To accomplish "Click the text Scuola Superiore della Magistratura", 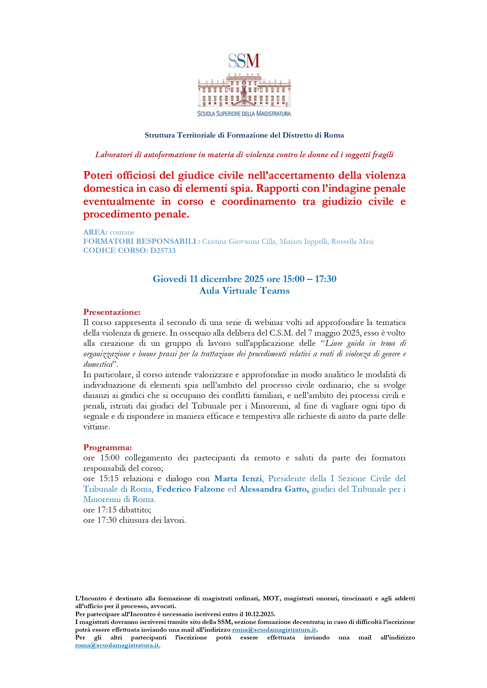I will point(244,114).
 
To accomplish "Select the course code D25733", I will point(163,250).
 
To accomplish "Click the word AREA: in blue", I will point(95,232).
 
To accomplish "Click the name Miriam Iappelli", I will point(303,242).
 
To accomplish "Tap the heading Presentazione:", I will point(112,312).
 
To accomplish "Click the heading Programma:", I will point(107,447).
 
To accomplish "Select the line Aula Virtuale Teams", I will point(244,291).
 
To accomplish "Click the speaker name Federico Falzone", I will point(190,489).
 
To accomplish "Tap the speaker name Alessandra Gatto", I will point(274,489).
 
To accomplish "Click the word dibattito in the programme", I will point(135,510).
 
